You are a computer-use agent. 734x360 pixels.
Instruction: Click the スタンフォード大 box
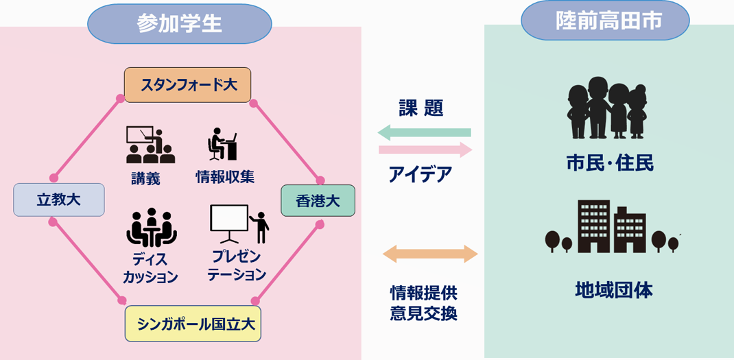pos(188,85)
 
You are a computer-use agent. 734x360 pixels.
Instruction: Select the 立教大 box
pos(58,200)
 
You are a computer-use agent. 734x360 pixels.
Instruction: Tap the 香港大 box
pos(318,201)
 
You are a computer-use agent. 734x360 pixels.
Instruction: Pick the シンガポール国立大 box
pos(193,324)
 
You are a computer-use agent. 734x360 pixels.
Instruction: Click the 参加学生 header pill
pos(180,24)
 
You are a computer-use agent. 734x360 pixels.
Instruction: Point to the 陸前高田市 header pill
pos(605,21)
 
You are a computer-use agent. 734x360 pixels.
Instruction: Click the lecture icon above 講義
pos(150,145)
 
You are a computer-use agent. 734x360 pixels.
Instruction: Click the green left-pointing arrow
pos(424,132)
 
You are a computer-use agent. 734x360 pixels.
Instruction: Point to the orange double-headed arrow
pos(430,254)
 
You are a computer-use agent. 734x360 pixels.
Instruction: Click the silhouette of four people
pos(606,107)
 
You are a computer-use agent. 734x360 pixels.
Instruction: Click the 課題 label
pos(421,108)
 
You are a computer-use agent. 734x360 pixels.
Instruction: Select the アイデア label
pos(420,175)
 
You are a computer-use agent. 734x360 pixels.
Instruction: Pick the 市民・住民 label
pos(610,163)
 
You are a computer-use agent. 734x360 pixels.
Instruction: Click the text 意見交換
pos(423,313)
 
